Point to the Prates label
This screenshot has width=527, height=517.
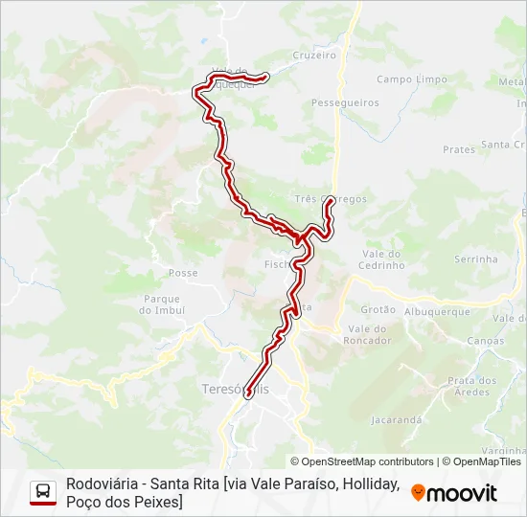[x=459, y=149]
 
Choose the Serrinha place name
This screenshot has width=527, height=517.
[x=476, y=258]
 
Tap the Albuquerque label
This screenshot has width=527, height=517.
[x=437, y=312]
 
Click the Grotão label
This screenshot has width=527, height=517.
[x=378, y=309]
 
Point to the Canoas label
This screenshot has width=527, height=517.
[x=485, y=341]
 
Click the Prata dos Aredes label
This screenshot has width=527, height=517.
[x=472, y=386]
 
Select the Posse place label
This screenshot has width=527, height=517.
[x=183, y=273]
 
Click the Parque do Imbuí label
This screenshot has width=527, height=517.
[x=160, y=303]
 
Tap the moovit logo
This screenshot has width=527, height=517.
[x=454, y=493]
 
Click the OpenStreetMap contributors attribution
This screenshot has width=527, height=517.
[x=362, y=461]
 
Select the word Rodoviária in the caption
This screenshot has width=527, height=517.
[x=100, y=484]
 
